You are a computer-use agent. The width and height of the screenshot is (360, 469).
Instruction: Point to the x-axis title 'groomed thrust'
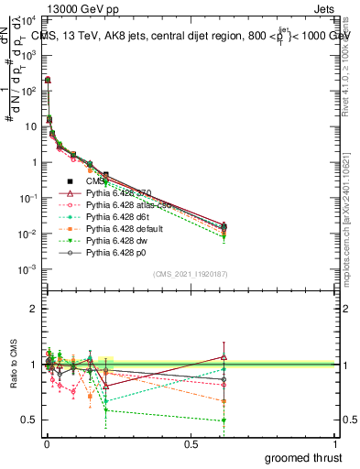[303, 457]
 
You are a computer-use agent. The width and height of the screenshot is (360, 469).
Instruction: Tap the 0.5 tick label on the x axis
[191, 445]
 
